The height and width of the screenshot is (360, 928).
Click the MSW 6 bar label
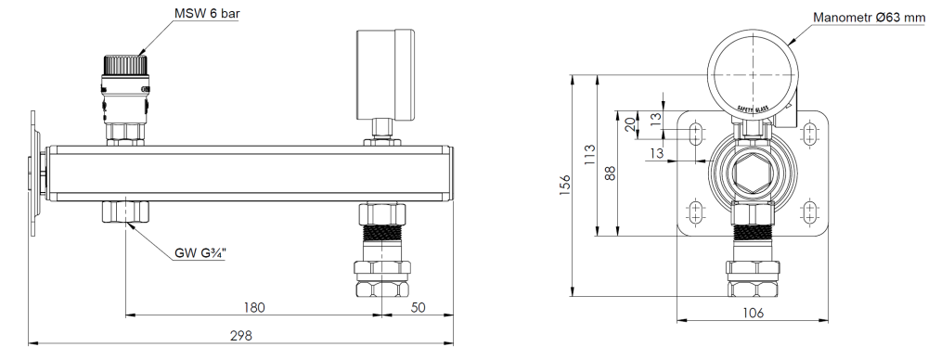(207, 13)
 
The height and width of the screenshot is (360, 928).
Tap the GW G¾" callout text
(200, 254)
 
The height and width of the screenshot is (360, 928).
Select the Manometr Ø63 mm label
(870, 18)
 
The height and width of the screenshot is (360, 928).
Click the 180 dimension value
(254, 307)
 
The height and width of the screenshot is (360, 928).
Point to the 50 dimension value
(418, 307)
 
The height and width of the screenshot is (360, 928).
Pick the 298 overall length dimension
(241, 336)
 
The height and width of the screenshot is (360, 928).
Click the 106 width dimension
(753, 313)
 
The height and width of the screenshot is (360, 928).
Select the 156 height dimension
(564, 185)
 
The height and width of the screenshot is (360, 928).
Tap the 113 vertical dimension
(589, 155)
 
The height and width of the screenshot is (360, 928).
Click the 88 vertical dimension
(611, 173)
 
